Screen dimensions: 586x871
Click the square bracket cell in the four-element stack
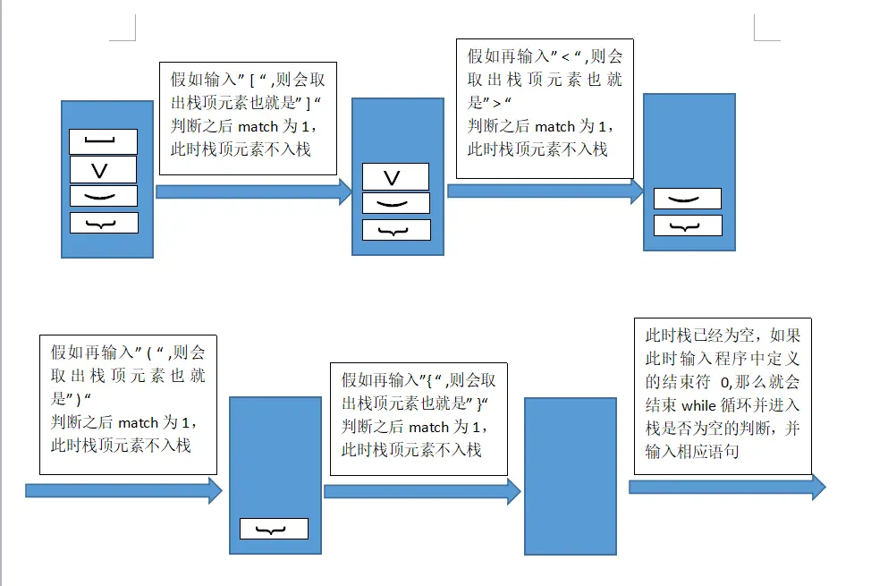click(104, 141)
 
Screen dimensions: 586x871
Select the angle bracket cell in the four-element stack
click(104, 170)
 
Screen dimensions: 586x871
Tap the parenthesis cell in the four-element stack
click(104, 196)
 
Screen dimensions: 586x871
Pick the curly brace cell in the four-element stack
click(104, 223)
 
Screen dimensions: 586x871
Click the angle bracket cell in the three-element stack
click(395, 177)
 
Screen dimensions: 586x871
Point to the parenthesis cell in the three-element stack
click(395, 203)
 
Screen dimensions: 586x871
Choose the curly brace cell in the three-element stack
click(395, 230)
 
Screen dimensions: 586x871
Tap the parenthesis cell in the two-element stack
click(687, 199)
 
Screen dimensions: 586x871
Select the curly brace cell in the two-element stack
click(687, 225)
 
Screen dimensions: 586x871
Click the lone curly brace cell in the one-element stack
click(274, 529)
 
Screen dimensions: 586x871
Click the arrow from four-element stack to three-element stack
click(253, 191)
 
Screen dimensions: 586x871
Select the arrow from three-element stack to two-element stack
click(545, 191)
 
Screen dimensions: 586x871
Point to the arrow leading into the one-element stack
click(123, 490)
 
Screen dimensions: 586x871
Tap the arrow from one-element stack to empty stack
click(422, 491)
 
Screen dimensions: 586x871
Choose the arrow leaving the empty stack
click(726, 487)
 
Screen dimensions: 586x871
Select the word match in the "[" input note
click(258, 127)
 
